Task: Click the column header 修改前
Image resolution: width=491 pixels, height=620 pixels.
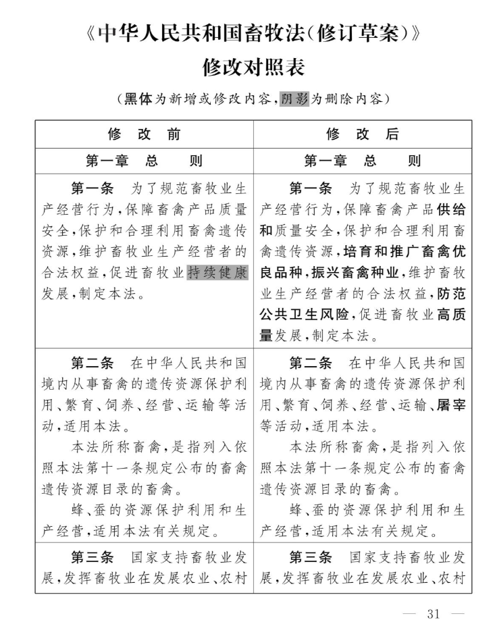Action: point(144,134)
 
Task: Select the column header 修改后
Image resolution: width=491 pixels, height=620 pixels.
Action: point(362,134)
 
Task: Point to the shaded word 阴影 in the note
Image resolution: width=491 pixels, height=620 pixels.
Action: point(294,99)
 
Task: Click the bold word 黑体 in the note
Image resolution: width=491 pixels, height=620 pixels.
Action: point(138,99)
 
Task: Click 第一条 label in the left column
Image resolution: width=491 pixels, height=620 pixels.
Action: point(92,187)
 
